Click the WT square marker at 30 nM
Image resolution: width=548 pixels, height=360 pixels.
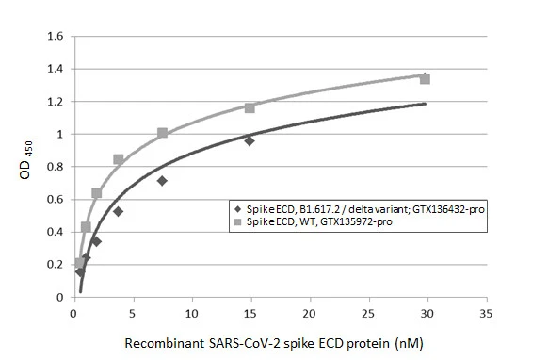pyautogui.click(x=425, y=79)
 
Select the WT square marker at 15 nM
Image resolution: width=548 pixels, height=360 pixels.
pyautogui.click(x=250, y=108)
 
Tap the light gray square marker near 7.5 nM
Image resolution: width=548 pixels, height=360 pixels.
pyautogui.click(x=163, y=133)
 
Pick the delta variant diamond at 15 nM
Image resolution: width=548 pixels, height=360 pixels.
pyautogui.click(x=250, y=140)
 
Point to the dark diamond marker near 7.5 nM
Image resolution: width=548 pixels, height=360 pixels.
pyautogui.click(x=162, y=180)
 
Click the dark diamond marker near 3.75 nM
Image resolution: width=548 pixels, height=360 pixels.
pyautogui.click(x=118, y=211)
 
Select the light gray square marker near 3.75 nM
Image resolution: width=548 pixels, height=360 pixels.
pyautogui.click(x=119, y=159)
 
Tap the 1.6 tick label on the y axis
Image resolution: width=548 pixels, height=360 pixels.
pyautogui.click(x=55, y=37)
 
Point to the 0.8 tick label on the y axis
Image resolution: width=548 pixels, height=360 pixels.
pyautogui.click(x=55, y=167)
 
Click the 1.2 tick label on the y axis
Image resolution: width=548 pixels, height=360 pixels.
pyautogui.click(x=55, y=102)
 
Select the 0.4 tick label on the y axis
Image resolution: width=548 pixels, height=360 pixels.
pyautogui.click(x=55, y=232)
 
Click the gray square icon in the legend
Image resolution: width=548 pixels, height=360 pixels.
pyautogui.click(x=239, y=221)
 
